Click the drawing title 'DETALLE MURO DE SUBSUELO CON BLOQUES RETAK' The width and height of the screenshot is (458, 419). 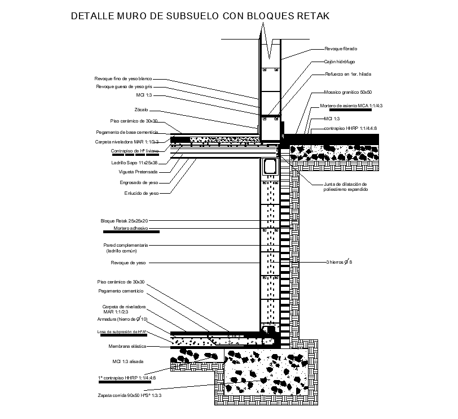click(200, 16)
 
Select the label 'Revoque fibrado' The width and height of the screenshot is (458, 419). click(341, 49)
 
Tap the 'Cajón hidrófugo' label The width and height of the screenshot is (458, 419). click(339, 62)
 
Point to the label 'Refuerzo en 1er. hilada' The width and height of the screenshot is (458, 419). click(347, 74)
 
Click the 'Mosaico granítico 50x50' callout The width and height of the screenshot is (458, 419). click(348, 92)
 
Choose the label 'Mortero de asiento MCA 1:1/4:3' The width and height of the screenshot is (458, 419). click(351, 106)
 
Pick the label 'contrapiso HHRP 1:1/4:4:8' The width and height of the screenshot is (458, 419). click(350, 129)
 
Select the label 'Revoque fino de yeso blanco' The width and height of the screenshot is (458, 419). click(124, 78)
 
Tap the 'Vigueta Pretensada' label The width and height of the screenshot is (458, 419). click(138, 172)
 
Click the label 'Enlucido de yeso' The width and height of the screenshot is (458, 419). click(142, 193)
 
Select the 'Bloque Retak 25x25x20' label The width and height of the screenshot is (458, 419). click(125, 221)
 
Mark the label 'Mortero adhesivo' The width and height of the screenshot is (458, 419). click(130, 229)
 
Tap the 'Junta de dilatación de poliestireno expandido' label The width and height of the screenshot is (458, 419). click(345, 187)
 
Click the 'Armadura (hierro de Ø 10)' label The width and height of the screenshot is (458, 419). click(122, 320)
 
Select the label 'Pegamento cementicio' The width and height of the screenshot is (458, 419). click(120, 291)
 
